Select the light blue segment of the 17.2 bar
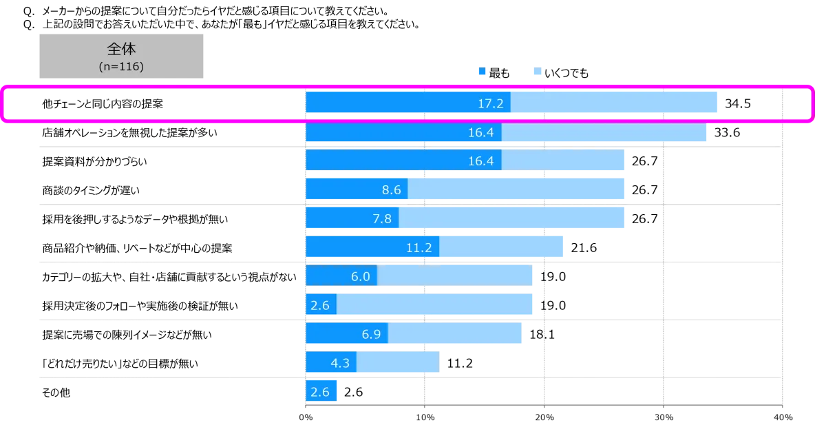point(615,103)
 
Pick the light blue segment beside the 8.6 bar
point(517,189)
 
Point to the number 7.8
point(381,219)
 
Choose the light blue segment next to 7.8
point(513,219)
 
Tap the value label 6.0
point(360,277)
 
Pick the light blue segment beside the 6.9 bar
point(455,334)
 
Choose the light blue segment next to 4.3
point(399,363)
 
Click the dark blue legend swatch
point(481,71)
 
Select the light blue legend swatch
point(537,71)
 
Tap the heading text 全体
point(121,50)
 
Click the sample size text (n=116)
point(121,68)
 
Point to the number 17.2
point(491,104)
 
